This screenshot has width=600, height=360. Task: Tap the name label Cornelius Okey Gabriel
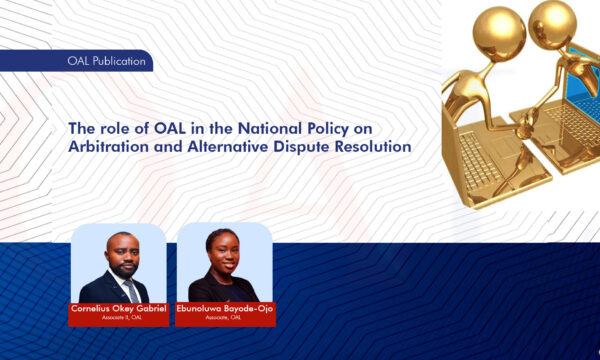119,308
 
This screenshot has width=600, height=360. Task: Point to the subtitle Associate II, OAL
119,319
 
